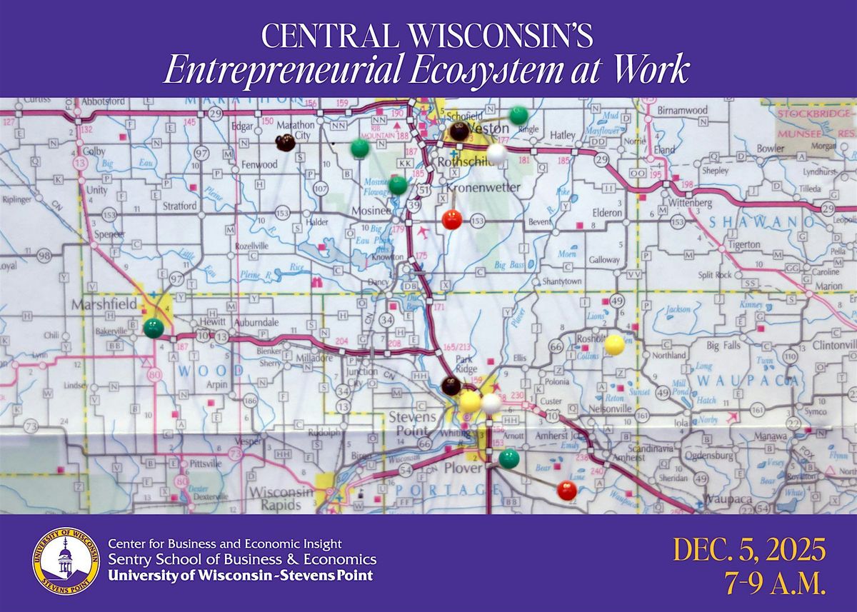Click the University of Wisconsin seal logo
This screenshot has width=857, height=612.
click(65, 561)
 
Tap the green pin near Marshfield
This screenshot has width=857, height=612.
click(154, 328)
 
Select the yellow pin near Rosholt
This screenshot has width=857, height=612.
click(614, 345)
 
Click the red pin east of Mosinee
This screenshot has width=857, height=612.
click(452, 219)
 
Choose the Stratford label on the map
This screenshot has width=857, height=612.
click(179, 206)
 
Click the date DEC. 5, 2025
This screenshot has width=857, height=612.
click(749, 551)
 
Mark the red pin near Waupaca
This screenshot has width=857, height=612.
click(567, 490)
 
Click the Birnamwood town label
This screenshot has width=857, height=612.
click(681, 111)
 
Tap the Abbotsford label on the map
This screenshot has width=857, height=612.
click(104, 101)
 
